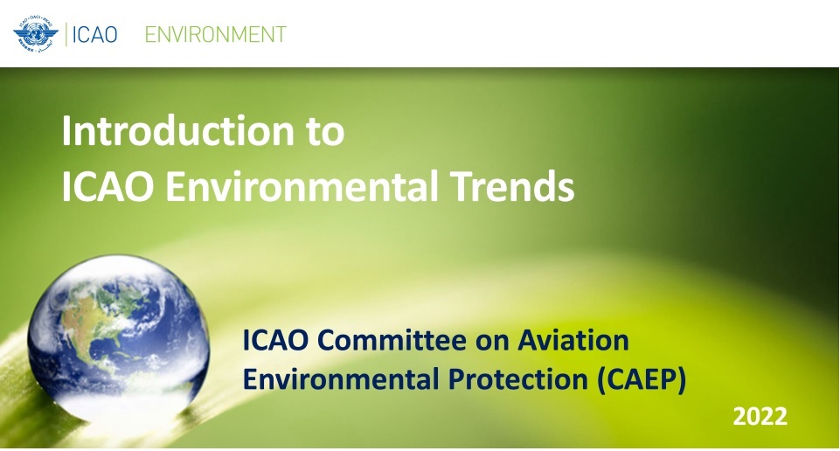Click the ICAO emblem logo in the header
[x=36, y=34]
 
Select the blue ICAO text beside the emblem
[x=94, y=35]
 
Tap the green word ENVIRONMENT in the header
[x=215, y=35]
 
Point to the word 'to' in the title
[x=325, y=131]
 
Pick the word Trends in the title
[x=511, y=186]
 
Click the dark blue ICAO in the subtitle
[x=274, y=340]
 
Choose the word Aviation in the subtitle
[x=573, y=340]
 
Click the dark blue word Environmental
[x=341, y=379]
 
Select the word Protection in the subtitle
[x=518, y=379]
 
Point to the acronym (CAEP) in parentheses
[x=642, y=380]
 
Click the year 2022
[x=760, y=417]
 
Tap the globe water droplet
[x=118, y=337]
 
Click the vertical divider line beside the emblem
[x=66, y=34]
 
